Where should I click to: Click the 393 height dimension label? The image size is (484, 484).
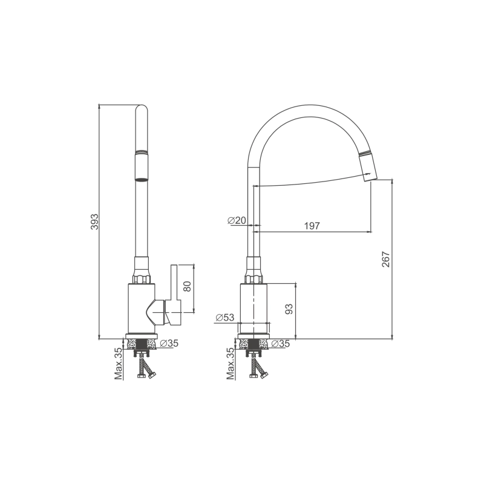pyautogui.click(x=94, y=221)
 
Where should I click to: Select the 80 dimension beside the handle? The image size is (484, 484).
pyautogui.click(x=188, y=286)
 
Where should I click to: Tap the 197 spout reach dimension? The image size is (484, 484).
pyautogui.click(x=312, y=226)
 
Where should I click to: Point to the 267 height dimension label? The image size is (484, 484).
pyautogui.click(x=386, y=260)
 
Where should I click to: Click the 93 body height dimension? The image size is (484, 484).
pyautogui.click(x=289, y=309)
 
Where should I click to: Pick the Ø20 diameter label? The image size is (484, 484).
pyautogui.click(x=237, y=220)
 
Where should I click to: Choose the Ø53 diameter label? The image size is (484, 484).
pyautogui.click(x=225, y=317)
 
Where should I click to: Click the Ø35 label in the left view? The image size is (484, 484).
pyautogui.click(x=169, y=343)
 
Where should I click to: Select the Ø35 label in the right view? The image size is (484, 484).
pyautogui.click(x=281, y=343)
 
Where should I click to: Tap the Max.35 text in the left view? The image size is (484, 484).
pyautogui.click(x=119, y=364)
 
